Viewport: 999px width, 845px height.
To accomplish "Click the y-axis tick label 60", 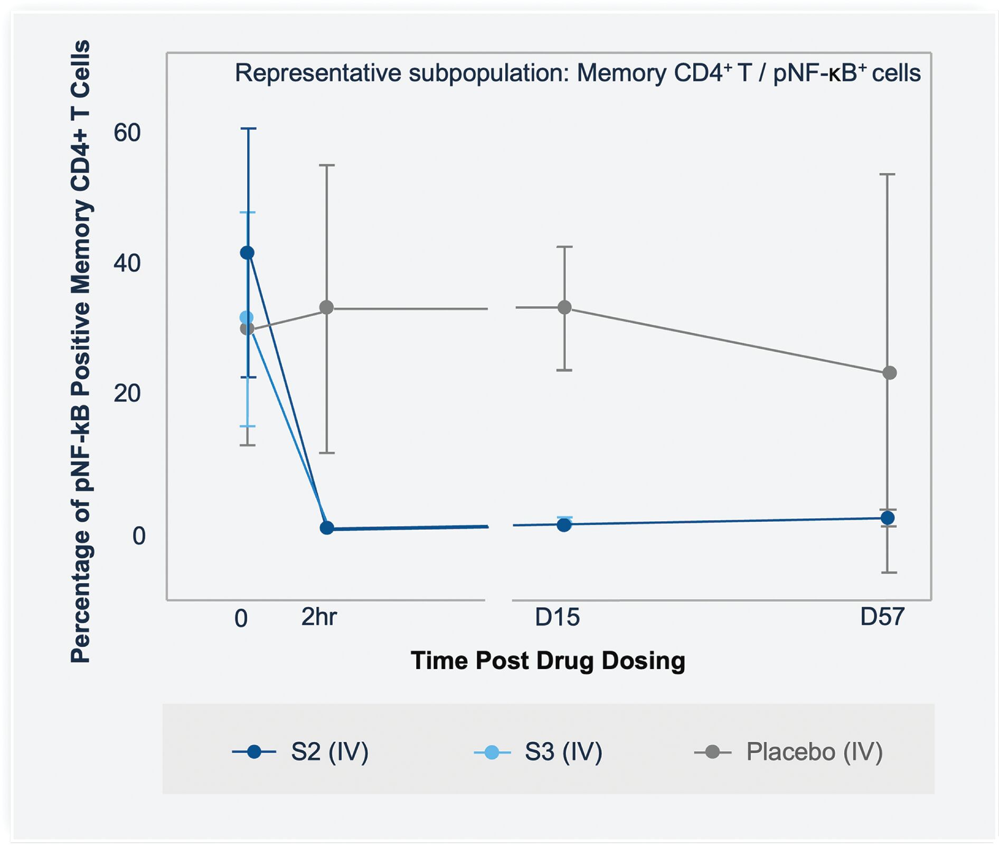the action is tap(127, 133).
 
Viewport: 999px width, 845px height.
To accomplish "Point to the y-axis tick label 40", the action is tap(127, 263).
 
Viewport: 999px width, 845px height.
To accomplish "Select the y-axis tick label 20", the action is tap(127, 393).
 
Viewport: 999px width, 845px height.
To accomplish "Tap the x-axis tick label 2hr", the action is tap(319, 617).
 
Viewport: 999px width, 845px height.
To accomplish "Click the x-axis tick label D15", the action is tap(557, 617).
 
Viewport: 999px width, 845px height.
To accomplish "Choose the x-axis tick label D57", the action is tap(882, 616).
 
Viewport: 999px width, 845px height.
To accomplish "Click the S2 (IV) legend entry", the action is tap(300, 752).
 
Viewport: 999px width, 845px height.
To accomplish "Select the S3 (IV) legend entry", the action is tap(538, 752).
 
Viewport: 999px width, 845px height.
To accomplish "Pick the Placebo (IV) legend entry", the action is tap(788, 752).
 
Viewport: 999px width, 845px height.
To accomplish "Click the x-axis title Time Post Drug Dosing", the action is tap(548, 661).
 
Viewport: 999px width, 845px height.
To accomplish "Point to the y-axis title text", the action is tap(81, 352).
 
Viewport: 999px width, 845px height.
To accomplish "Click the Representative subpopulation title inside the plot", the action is tap(578, 73).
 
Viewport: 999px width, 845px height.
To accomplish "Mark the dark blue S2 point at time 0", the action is tap(247, 253).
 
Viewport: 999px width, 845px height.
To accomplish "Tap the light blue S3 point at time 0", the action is tap(247, 317).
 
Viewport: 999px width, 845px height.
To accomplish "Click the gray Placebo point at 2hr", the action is tap(327, 307).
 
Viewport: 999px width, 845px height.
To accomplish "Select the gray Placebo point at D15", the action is tap(564, 307).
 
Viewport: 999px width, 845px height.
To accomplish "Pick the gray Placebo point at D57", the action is tap(890, 373).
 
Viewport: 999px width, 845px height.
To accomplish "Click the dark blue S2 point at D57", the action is tap(888, 518).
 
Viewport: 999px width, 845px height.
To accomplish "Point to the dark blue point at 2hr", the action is tap(327, 528).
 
